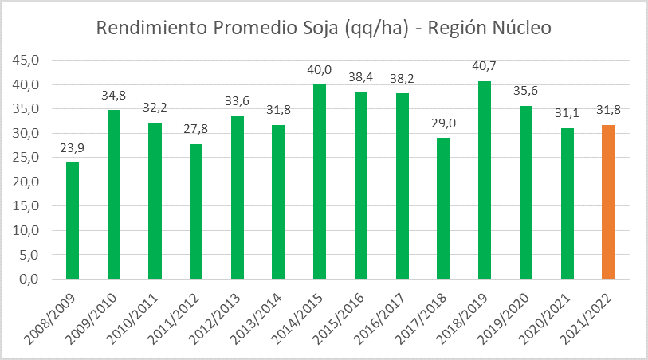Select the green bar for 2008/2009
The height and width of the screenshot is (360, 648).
72,221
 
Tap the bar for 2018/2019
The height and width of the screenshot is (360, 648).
485,180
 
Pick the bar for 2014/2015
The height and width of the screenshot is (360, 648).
320,182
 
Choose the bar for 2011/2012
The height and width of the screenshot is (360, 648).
195,211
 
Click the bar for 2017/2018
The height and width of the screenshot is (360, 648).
443,208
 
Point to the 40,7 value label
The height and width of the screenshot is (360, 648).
485,67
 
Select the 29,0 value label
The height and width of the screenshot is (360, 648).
443,124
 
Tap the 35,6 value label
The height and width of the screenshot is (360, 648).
526,92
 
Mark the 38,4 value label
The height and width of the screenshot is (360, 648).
361,78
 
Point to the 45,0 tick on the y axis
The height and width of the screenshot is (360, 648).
28,61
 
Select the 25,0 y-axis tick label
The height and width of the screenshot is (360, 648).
28,158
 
